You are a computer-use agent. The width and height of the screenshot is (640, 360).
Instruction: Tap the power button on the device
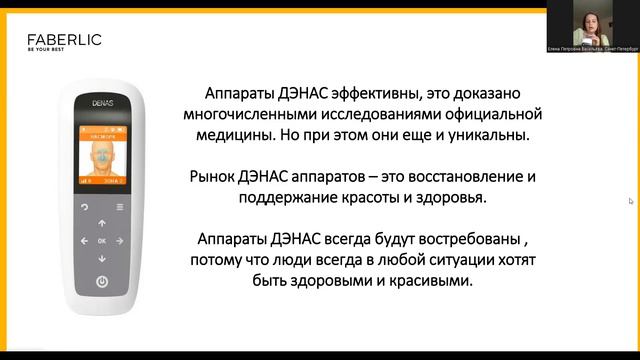(x=102, y=282)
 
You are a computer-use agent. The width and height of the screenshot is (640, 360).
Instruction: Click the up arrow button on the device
(x=102, y=220)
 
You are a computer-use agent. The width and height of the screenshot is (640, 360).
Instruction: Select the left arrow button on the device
(x=83, y=240)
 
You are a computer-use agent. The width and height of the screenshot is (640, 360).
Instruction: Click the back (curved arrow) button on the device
(x=83, y=208)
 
